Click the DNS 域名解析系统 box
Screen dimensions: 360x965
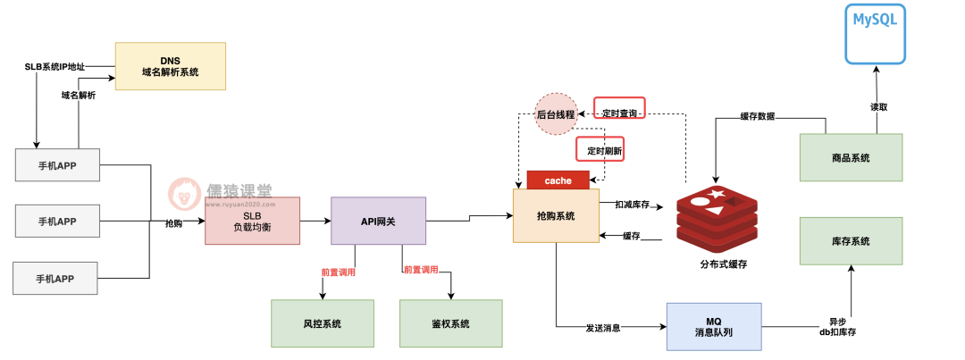click(170, 66)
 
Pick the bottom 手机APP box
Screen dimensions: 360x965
click(56, 278)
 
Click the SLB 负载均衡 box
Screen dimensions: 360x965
click(251, 222)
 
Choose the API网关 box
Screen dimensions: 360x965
click(378, 221)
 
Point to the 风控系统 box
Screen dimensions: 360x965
click(323, 323)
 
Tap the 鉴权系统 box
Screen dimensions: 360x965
click(450, 323)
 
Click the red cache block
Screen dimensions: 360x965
click(558, 180)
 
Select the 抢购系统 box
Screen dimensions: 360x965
click(556, 216)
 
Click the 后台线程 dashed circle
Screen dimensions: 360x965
click(555, 114)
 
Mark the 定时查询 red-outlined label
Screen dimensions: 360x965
click(619, 113)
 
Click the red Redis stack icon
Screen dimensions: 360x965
click(715, 217)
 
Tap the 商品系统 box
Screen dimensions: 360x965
click(850, 158)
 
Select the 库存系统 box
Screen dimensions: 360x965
click(850, 241)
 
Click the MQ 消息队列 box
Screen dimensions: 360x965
click(713, 327)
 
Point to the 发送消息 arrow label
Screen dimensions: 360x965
click(603, 328)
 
